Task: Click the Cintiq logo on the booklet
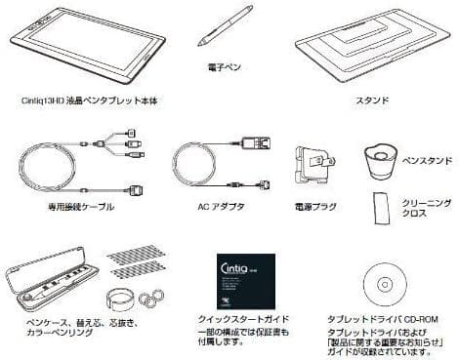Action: click(x=233, y=263)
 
